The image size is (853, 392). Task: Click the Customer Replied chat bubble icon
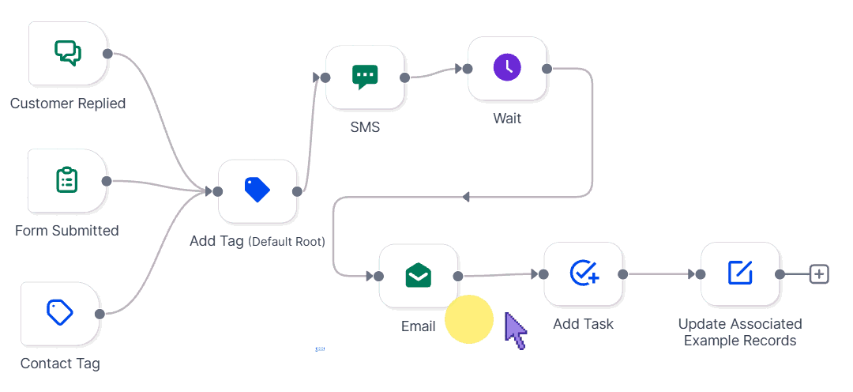[x=68, y=53]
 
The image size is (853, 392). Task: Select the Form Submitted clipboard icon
[x=67, y=180]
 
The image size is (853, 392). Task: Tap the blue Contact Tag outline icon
[x=60, y=313]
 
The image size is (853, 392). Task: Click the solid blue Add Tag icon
[x=257, y=190]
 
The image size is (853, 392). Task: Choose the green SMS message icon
[x=365, y=77]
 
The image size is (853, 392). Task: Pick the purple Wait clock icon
[x=507, y=68]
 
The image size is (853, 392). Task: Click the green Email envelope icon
[x=418, y=276]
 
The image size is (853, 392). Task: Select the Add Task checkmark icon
[x=584, y=273]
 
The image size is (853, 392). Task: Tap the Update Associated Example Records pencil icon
[x=740, y=273]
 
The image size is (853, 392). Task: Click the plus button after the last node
[x=819, y=274]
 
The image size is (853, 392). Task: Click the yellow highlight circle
[x=469, y=319]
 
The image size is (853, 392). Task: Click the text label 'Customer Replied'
[x=68, y=104]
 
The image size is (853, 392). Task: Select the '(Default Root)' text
[x=287, y=242]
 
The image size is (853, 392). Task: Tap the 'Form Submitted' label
[x=67, y=231]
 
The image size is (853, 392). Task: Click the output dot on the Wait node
[x=547, y=69]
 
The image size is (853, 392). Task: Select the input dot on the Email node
[x=379, y=276]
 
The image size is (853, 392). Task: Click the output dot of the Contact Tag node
[x=100, y=314]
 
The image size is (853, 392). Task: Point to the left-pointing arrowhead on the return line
[x=465, y=197]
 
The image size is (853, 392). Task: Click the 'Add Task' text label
[x=583, y=324]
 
